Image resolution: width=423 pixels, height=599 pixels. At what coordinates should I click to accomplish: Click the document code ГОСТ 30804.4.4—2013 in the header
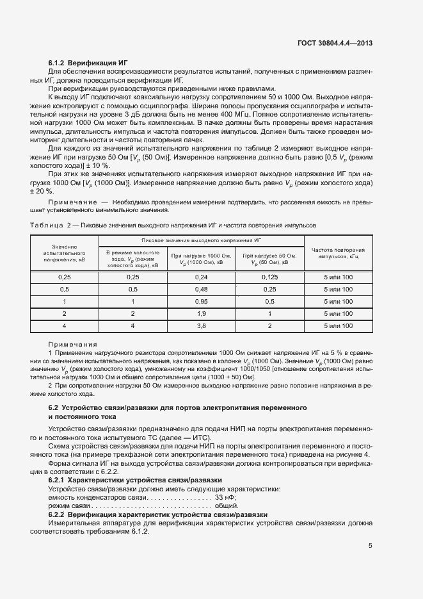pyautogui.click(x=335, y=44)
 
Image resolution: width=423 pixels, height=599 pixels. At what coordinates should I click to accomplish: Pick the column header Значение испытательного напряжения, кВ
pyautogui.click(x=64, y=253)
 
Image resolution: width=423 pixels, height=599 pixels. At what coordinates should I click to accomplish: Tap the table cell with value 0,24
pyautogui.click(x=202, y=277)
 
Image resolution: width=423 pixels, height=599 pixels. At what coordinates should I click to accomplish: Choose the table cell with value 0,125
pyautogui.click(x=269, y=277)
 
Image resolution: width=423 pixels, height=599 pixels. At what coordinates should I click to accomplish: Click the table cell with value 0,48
pyautogui.click(x=202, y=289)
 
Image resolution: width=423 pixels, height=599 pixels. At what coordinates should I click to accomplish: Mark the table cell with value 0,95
pyautogui.click(x=202, y=301)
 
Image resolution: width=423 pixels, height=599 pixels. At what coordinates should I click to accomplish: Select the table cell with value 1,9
pyautogui.click(x=202, y=313)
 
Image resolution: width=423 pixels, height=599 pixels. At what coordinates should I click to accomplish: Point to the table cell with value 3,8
pyautogui.click(x=202, y=325)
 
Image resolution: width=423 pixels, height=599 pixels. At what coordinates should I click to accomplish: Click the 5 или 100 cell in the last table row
pyautogui.click(x=338, y=325)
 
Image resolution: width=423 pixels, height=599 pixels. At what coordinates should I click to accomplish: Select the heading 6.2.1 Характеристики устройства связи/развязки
pyautogui.click(x=135, y=479)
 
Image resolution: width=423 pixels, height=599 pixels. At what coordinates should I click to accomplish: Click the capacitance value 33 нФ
pyautogui.click(x=226, y=497)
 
